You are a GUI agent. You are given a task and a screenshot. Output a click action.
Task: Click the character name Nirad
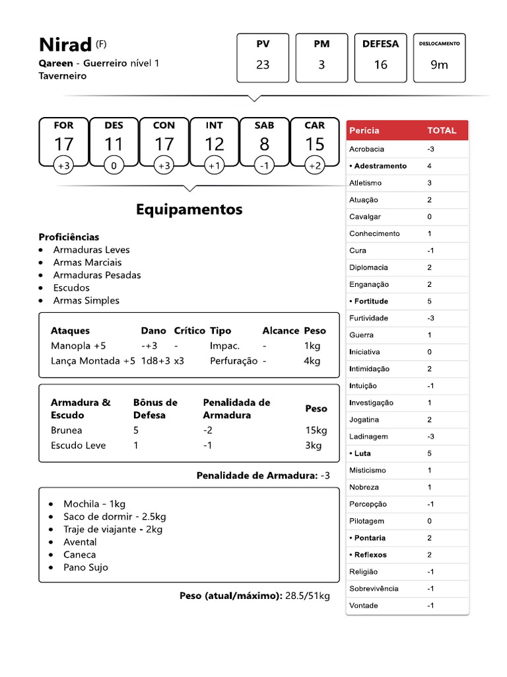[x=65, y=45]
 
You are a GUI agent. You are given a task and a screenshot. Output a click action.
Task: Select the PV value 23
[x=263, y=65]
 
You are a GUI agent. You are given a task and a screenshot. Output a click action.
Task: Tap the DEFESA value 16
[x=380, y=65]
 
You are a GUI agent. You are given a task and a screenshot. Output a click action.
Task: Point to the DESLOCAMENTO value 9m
[x=439, y=65]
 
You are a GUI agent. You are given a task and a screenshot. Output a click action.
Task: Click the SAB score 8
[x=264, y=144]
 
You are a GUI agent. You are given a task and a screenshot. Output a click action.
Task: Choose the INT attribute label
[x=214, y=125]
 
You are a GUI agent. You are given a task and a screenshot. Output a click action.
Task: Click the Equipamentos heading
[x=189, y=210]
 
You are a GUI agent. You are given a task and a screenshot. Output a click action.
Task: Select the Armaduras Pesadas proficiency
[x=96, y=275]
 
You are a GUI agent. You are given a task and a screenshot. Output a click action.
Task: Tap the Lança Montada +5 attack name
[x=92, y=361]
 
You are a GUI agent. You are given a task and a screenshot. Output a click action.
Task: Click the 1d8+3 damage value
[x=156, y=361]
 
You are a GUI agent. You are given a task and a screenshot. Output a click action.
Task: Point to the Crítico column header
[x=189, y=331]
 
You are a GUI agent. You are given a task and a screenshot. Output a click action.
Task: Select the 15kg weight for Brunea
[x=316, y=430]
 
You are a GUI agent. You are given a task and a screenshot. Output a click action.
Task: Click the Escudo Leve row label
[x=78, y=446]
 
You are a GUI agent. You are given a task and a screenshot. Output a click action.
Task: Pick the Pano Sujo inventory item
[x=86, y=567]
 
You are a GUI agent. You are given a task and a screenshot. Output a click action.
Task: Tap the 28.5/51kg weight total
[x=307, y=596]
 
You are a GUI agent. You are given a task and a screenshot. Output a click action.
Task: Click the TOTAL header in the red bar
[x=442, y=130]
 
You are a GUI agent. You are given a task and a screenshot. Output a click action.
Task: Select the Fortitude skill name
[x=371, y=301]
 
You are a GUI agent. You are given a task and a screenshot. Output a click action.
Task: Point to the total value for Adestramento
[x=430, y=166]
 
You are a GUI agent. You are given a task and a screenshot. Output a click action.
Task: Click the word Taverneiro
[x=63, y=76]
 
